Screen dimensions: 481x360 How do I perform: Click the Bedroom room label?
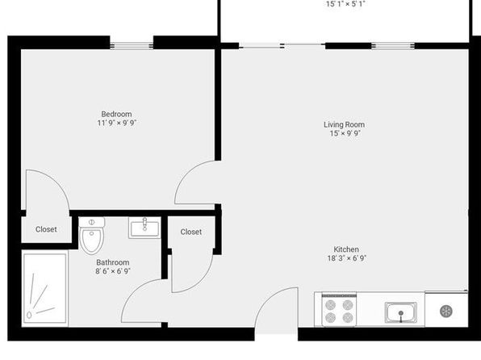[x=116, y=114]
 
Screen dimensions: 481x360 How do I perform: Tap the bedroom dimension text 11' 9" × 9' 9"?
[x=116, y=123]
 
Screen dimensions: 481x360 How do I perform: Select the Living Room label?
[x=344, y=124]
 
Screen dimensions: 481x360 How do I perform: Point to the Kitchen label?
[x=346, y=249]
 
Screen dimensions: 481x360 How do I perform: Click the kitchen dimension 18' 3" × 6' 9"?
[x=347, y=258]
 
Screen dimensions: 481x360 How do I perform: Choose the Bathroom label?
[x=113, y=262]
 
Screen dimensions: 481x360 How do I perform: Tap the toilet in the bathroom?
[x=92, y=236]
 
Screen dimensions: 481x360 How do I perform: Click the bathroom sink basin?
[x=144, y=228]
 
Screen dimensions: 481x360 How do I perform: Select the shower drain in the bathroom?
[x=29, y=315]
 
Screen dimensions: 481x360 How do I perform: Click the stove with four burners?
[x=339, y=310]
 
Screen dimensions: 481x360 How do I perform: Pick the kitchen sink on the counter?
[x=400, y=312]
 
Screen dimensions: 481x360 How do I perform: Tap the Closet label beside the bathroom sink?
[x=191, y=232]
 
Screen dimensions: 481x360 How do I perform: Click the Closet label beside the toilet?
[x=46, y=229]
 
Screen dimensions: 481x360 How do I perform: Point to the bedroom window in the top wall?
[x=132, y=46]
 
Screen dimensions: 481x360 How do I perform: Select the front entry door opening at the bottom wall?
[x=276, y=334]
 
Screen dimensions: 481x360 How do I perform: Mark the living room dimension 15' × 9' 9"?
[x=345, y=133]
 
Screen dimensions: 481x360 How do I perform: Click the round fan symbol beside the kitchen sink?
[x=446, y=312]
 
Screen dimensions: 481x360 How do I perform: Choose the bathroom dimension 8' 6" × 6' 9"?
[x=113, y=271]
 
